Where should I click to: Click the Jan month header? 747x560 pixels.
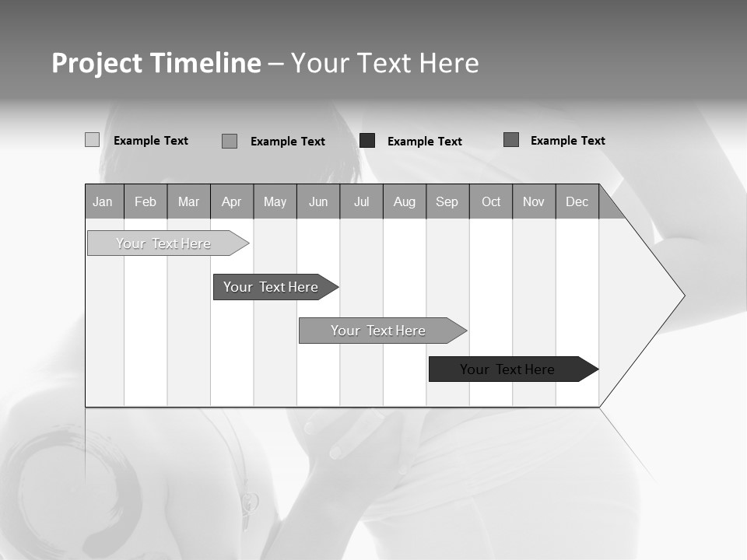[x=103, y=201]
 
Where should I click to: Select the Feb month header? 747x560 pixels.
[x=146, y=201]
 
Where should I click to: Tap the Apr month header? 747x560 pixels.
[x=231, y=201]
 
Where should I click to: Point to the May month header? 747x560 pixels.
[x=275, y=201]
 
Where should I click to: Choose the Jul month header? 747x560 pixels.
[x=361, y=201]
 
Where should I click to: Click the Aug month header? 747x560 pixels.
[x=405, y=201]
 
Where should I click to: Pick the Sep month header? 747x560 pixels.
[x=447, y=201]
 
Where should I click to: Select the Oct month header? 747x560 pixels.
[x=491, y=201]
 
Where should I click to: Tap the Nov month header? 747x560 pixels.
[x=534, y=201]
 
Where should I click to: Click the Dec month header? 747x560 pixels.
[x=577, y=201]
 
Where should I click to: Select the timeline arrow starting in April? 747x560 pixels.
[x=272, y=287]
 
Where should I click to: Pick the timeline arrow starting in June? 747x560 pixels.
[x=380, y=331]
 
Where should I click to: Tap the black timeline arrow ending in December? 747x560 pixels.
[x=510, y=369]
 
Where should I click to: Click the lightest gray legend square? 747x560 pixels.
[x=93, y=140]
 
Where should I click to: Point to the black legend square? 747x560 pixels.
[x=367, y=140]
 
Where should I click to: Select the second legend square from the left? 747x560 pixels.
[x=230, y=141]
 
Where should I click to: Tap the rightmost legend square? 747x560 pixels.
[x=511, y=140]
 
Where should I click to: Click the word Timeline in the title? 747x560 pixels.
[x=205, y=63]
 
